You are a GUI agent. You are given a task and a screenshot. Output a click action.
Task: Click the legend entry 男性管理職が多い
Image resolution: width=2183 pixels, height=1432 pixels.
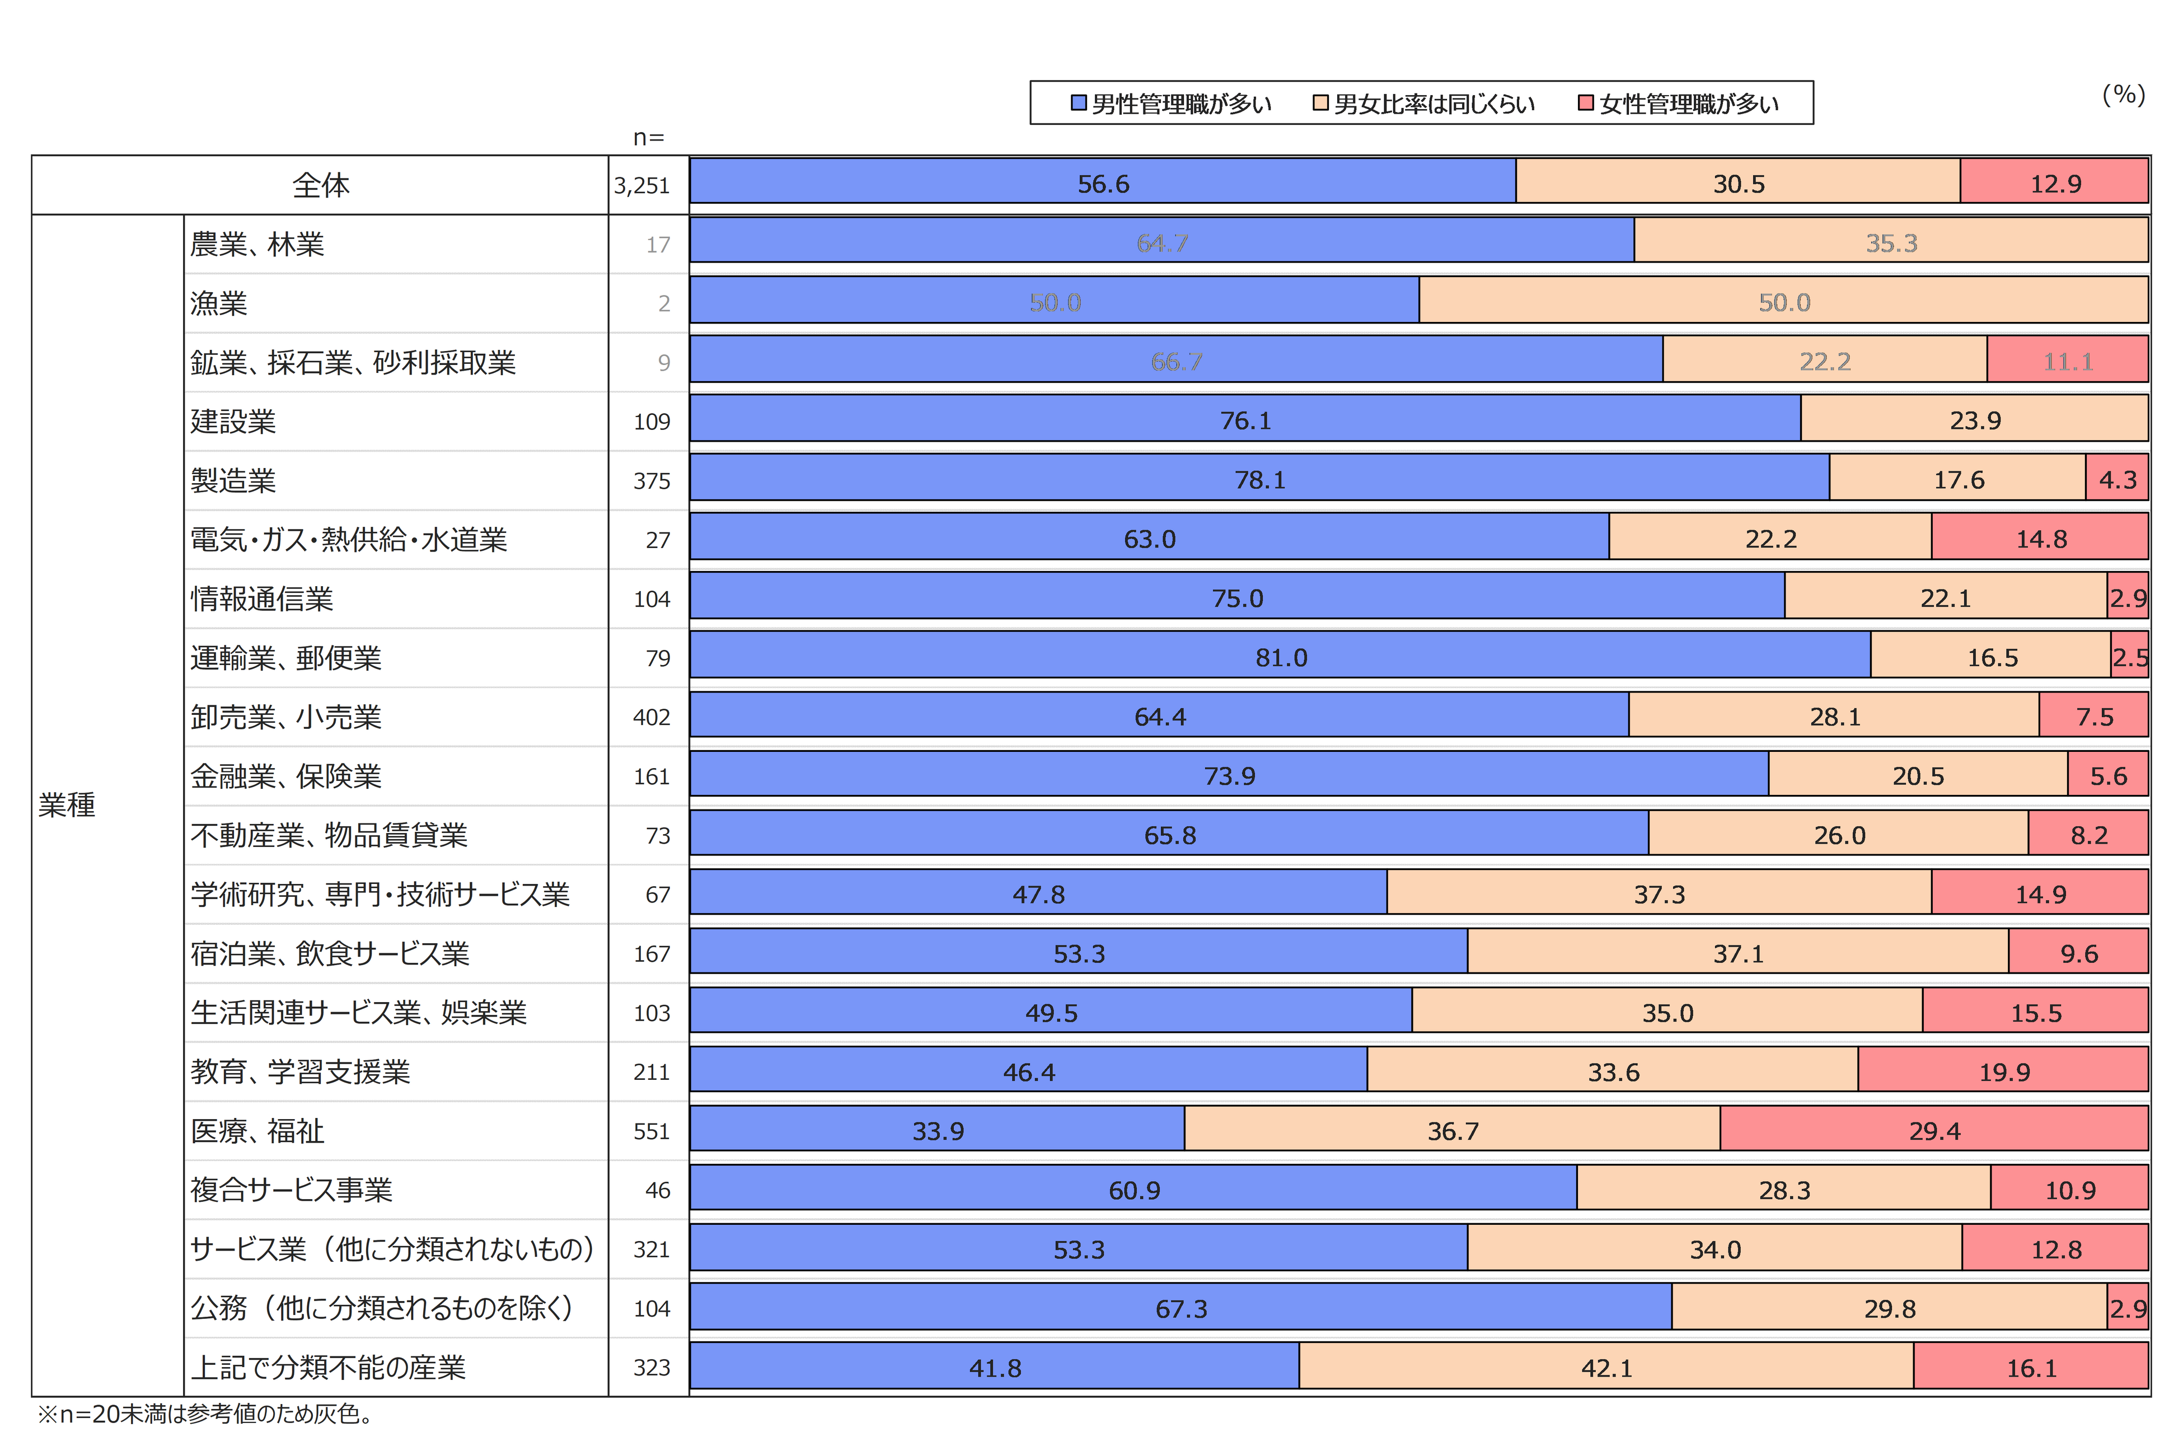(x=1172, y=104)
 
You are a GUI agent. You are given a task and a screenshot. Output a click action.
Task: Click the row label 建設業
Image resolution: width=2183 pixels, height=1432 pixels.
(x=233, y=421)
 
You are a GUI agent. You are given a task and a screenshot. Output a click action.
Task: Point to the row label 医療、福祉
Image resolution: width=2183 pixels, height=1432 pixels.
(x=257, y=1130)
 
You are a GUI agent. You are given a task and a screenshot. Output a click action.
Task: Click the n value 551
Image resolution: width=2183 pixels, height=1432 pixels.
(x=651, y=1131)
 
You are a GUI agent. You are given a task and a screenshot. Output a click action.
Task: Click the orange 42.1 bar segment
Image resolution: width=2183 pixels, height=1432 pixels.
(x=1606, y=1367)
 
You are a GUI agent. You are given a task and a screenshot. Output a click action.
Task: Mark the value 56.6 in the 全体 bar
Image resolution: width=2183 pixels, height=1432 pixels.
(x=1103, y=184)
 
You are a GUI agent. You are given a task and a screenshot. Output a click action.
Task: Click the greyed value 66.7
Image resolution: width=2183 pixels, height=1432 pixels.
(x=1176, y=362)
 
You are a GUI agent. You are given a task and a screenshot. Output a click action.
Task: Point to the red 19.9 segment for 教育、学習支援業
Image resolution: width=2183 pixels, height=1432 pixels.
(x=2003, y=1071)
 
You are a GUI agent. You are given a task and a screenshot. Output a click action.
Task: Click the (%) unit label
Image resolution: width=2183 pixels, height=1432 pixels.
(x=2123, y=95)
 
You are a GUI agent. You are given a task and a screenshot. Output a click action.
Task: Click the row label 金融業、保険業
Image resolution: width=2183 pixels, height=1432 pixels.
(x=285, y=776)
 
